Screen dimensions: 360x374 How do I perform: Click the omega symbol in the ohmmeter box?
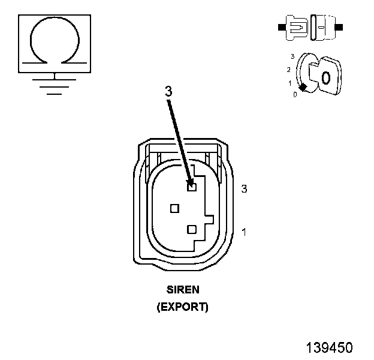(55, 41)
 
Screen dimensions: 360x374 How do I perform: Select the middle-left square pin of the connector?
(175, 208)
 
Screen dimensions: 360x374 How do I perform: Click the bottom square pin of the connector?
(192, 229)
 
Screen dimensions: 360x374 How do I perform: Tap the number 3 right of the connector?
(244, 189)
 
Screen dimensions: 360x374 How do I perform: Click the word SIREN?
(182, 289)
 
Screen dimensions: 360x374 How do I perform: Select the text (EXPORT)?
(182, 307)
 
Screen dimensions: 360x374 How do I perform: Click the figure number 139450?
(329, 347)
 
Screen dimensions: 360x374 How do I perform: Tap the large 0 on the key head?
(325, 77)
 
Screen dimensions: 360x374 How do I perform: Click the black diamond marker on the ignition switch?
(303, 88)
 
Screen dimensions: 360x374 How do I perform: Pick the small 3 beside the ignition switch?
(292, 56)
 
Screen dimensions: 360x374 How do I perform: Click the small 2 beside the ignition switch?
(288, 70)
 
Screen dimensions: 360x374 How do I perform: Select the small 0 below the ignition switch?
(295, 95)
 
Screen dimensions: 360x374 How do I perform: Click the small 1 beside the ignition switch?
(289, 83)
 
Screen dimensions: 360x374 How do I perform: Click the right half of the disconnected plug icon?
(322, 28)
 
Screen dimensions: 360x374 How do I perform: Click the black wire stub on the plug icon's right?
(339, 28)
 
